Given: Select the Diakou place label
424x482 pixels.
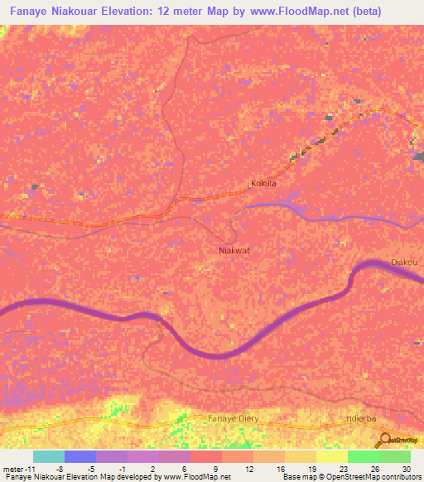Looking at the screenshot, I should (404, 263).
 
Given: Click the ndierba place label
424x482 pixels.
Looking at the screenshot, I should (366, 418).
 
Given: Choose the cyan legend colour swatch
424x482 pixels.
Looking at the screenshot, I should (49, 456).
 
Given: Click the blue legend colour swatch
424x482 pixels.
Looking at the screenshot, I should (80, 456).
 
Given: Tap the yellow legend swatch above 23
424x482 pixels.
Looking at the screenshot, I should (332, 456).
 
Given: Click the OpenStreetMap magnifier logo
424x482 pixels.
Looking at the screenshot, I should (384, 441).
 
